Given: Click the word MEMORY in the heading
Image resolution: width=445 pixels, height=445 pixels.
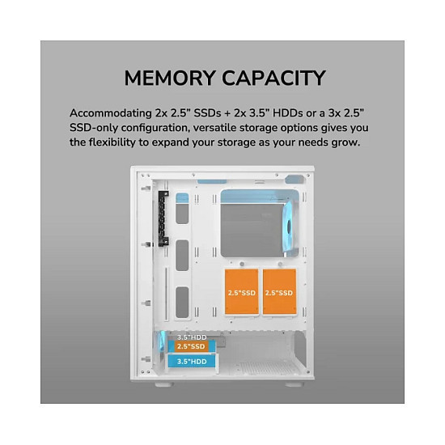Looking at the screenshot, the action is (170, 78).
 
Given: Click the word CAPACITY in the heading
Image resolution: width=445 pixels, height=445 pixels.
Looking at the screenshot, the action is (273, 78).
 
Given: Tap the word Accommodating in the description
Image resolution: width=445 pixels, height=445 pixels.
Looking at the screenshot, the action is (111, 113).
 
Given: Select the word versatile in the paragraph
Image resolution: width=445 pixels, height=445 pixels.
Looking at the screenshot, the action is (214, 128).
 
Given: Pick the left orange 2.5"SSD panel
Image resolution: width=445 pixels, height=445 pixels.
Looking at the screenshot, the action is (242, 292).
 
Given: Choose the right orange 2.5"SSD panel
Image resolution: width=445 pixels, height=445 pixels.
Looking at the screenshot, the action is (279, 292).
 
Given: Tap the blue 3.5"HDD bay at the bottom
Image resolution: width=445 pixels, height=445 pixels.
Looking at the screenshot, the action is (192, 362).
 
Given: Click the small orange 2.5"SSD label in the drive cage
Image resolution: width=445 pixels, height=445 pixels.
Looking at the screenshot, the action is (191, 346).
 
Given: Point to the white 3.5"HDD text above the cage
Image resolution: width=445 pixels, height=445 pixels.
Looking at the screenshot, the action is (192, 337).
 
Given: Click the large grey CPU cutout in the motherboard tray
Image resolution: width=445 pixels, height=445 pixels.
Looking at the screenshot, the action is (252, 230).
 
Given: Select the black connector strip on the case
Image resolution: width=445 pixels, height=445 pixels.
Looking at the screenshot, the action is (163, 218).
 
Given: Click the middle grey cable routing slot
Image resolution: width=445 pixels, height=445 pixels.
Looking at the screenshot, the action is (182, 256).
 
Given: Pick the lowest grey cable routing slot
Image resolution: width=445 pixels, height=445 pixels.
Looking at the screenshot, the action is (182, 303).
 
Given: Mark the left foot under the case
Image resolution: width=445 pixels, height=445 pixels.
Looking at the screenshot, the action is (164, 384).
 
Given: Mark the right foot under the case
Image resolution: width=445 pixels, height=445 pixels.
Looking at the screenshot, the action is (295, 384).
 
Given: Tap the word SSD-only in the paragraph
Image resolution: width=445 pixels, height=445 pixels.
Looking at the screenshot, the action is (93, 128).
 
